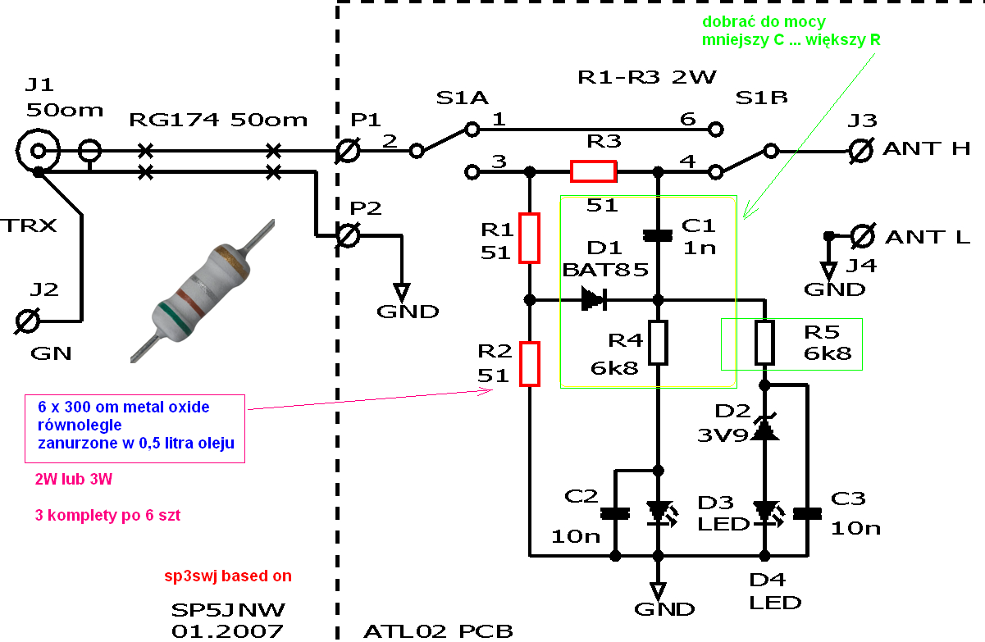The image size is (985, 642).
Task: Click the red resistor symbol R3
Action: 593,171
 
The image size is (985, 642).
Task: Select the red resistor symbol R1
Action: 530,238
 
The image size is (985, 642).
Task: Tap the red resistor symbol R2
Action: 530,364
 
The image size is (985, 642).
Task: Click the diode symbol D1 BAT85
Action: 591,299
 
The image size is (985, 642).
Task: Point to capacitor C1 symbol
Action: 658,235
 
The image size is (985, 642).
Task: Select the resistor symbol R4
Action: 658,343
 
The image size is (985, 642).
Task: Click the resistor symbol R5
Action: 764,343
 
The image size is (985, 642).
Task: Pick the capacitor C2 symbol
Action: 614,514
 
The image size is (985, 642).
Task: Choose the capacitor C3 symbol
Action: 808,514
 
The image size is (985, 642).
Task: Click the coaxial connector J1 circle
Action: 38,150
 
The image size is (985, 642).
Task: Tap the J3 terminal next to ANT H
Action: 861,150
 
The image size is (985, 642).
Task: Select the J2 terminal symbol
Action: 30,321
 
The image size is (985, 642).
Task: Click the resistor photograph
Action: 202,291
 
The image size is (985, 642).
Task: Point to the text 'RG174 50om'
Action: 218,121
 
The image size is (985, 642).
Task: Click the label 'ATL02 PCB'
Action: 438,631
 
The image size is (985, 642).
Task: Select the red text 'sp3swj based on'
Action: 228,576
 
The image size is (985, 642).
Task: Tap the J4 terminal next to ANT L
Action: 861,236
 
